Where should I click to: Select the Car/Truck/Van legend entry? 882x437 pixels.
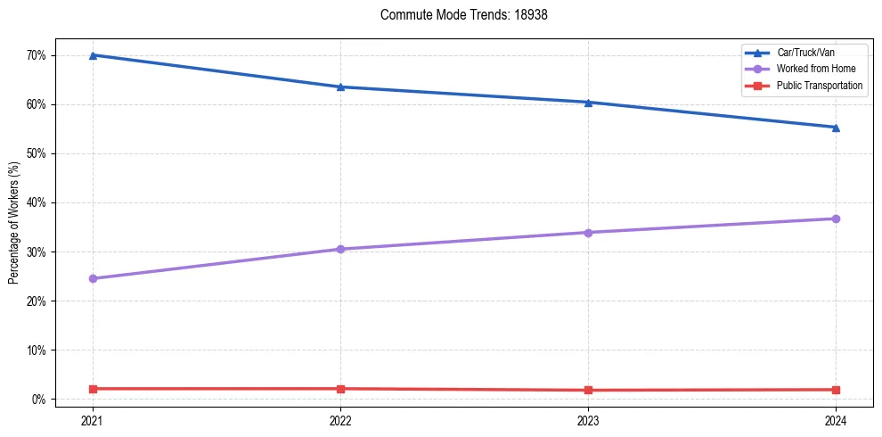point(806,54)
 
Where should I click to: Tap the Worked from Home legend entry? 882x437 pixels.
point(816,70)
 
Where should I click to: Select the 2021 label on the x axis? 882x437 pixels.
point(93,419)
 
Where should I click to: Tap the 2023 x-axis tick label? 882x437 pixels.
point(588,419)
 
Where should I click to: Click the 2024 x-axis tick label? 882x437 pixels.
point(836,419)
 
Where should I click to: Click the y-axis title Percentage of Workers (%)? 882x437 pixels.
point(14,223)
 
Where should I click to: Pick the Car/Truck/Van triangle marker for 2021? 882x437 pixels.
point(93,55)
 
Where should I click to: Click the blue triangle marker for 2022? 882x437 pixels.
point(340,87)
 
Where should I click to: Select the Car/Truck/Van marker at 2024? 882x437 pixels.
point(836,128)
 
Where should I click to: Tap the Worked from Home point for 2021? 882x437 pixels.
point(93,278)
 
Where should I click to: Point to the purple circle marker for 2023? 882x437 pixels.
point(588,233)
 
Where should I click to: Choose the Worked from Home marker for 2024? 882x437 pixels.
point(836,218)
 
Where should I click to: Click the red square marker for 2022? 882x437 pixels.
point(340,389)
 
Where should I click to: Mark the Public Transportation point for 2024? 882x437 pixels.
point(836,390)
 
